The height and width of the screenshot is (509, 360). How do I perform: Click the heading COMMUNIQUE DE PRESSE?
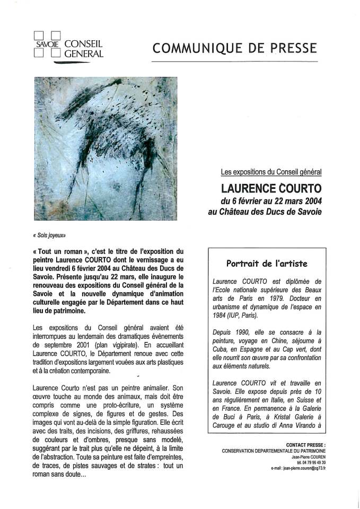pos(234,48)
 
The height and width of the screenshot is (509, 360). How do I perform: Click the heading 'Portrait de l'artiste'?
pos(267,263)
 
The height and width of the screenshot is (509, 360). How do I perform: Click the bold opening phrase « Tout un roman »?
pos(59,250)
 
